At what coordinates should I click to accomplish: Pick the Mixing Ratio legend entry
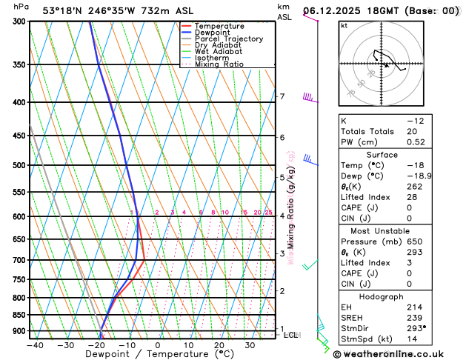point(221,64)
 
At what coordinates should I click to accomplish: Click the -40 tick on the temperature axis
point(35,345)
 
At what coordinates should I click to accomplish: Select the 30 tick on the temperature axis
point(250,345)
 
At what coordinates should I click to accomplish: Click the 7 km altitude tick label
point(282,97)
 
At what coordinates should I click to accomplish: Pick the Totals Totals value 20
point(413,131)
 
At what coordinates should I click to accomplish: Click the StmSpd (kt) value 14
point(413,339)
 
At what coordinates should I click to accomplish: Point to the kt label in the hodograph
point(344,26)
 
